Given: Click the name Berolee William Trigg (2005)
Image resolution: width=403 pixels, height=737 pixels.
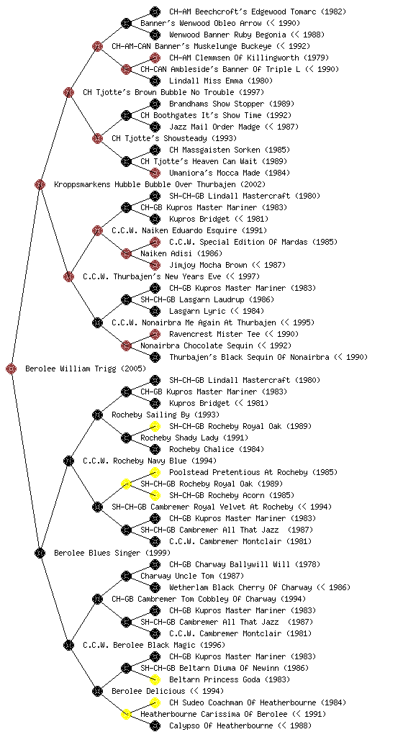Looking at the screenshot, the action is click(x=86, y=369).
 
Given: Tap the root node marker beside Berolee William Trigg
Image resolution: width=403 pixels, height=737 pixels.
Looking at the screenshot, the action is click(x=12, y=368).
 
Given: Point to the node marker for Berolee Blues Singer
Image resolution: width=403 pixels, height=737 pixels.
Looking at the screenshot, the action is click(x=40, y=553).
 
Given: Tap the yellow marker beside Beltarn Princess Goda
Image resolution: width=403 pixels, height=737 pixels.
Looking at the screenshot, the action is click(x=155, y=679).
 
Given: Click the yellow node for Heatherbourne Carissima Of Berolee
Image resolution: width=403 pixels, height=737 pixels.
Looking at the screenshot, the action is click(x=126, y=714).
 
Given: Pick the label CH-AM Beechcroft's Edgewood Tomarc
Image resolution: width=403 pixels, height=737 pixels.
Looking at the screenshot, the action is click(x=258, y=12).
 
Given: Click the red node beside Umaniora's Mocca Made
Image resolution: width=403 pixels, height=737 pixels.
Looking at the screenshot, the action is click(x=155, y=173).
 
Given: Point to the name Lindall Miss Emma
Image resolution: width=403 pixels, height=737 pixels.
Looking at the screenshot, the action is click(x=221, y=81).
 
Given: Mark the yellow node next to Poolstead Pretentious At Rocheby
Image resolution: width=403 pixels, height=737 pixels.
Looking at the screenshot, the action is click(x=155, y=472).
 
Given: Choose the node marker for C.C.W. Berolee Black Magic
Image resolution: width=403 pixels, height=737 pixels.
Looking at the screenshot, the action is click(x=68, y=645).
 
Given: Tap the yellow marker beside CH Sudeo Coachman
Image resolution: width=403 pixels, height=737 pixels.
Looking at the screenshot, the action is click(x=155, y=702).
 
